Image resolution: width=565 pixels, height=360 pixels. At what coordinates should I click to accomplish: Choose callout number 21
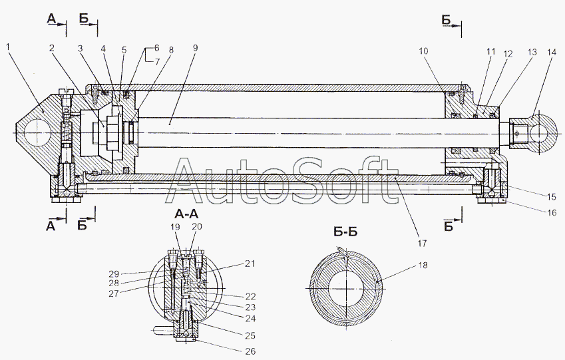tap(250, 264)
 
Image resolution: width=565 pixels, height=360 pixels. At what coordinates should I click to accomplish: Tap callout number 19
tap(174, 227)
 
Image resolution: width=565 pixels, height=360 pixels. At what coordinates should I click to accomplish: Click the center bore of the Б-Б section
tap(345, 289)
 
